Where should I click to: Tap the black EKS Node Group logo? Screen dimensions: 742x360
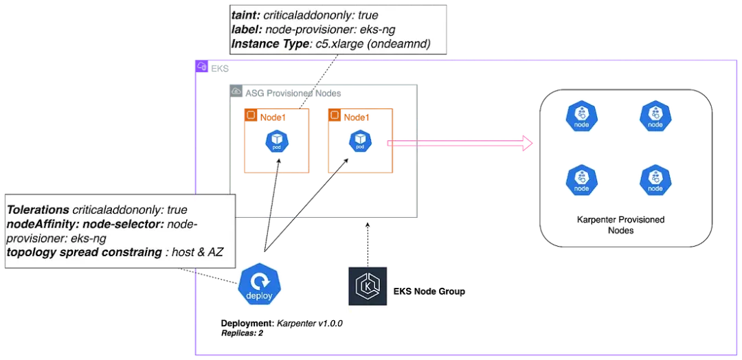point(367,286)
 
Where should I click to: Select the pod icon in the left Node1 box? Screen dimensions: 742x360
point(276,142)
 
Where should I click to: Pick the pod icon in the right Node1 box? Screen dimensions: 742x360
point(359,142)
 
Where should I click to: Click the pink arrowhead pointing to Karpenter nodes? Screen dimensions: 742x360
point(527,144)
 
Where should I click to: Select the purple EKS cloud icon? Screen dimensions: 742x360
point(201,67)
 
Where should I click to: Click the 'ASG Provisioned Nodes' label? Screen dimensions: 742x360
point(293,93)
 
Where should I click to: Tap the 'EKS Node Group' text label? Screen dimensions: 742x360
point(429,291)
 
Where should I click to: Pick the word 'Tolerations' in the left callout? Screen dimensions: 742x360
point(38,209)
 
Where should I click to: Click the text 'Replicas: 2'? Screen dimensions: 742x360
point(242,333)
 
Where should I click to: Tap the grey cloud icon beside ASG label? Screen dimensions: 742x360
point(236,91)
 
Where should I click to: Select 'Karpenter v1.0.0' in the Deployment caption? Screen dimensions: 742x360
point(309,324)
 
